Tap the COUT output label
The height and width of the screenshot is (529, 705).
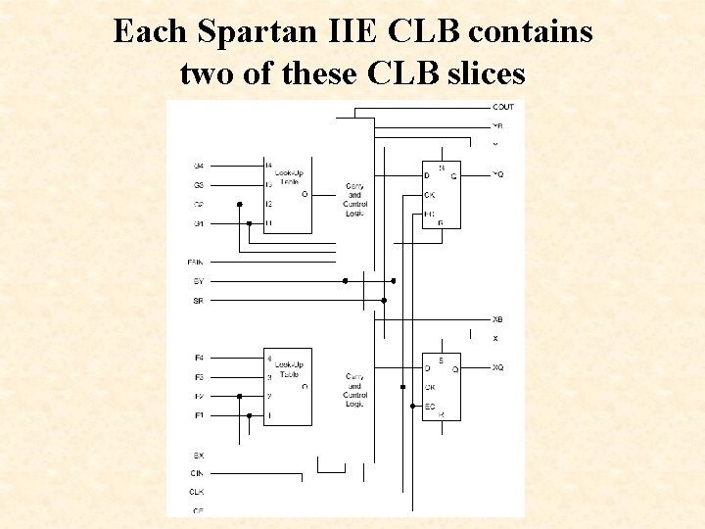coord(503,107)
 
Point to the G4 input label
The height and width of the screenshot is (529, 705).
coord(200,166)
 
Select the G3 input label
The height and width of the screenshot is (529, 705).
coord(200,185)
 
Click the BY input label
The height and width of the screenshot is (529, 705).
coord(199,281)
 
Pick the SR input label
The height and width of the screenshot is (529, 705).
coord(199,300)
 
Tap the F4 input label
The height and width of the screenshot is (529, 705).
coord(200,359)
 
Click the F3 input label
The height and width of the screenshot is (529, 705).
coord(200,377)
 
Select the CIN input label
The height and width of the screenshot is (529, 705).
coord(199,473)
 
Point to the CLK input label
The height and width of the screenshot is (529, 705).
coord(199,492)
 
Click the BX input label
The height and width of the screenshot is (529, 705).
coord(199,455)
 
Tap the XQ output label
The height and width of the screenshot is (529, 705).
coord(498,367)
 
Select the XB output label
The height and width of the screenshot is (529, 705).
coord(497,319)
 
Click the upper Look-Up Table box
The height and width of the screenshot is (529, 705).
coord(288,194)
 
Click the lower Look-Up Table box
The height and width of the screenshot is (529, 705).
coord(288,386)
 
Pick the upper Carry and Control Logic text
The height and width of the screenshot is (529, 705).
coord(354,199)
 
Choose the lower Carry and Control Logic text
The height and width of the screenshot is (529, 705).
coord(354,390)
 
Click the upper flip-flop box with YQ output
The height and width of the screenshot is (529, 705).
coord(441,194)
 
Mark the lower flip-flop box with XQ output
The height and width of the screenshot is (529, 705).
coord(441,386)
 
